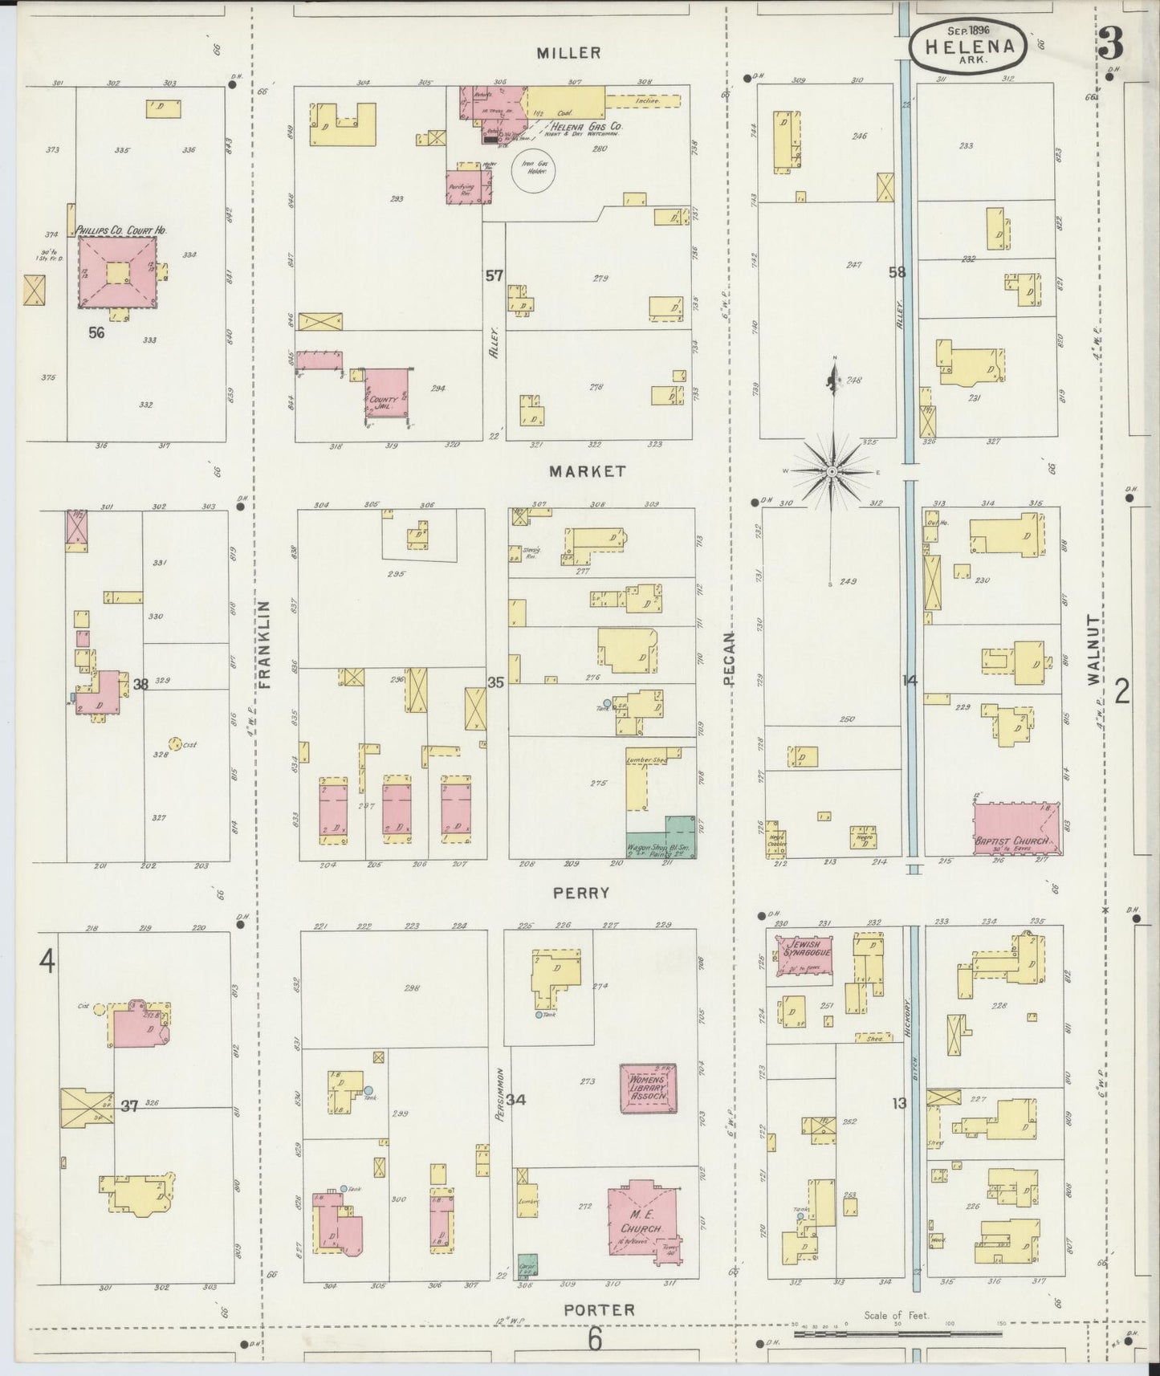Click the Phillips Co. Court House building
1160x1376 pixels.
coord(117,271)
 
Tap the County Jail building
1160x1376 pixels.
coord(385,393)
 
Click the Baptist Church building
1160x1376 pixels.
coord(1016,828)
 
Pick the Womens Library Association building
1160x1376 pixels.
coord(648,1089)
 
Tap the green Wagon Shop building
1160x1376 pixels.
coord(670,839)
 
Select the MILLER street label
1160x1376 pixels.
coord(568,53)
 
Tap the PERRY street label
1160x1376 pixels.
coord(581,892)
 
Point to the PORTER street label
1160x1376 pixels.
coord(599,1310)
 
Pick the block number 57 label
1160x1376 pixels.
coord(494,275)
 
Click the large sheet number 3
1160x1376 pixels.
coord(1112,46)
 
